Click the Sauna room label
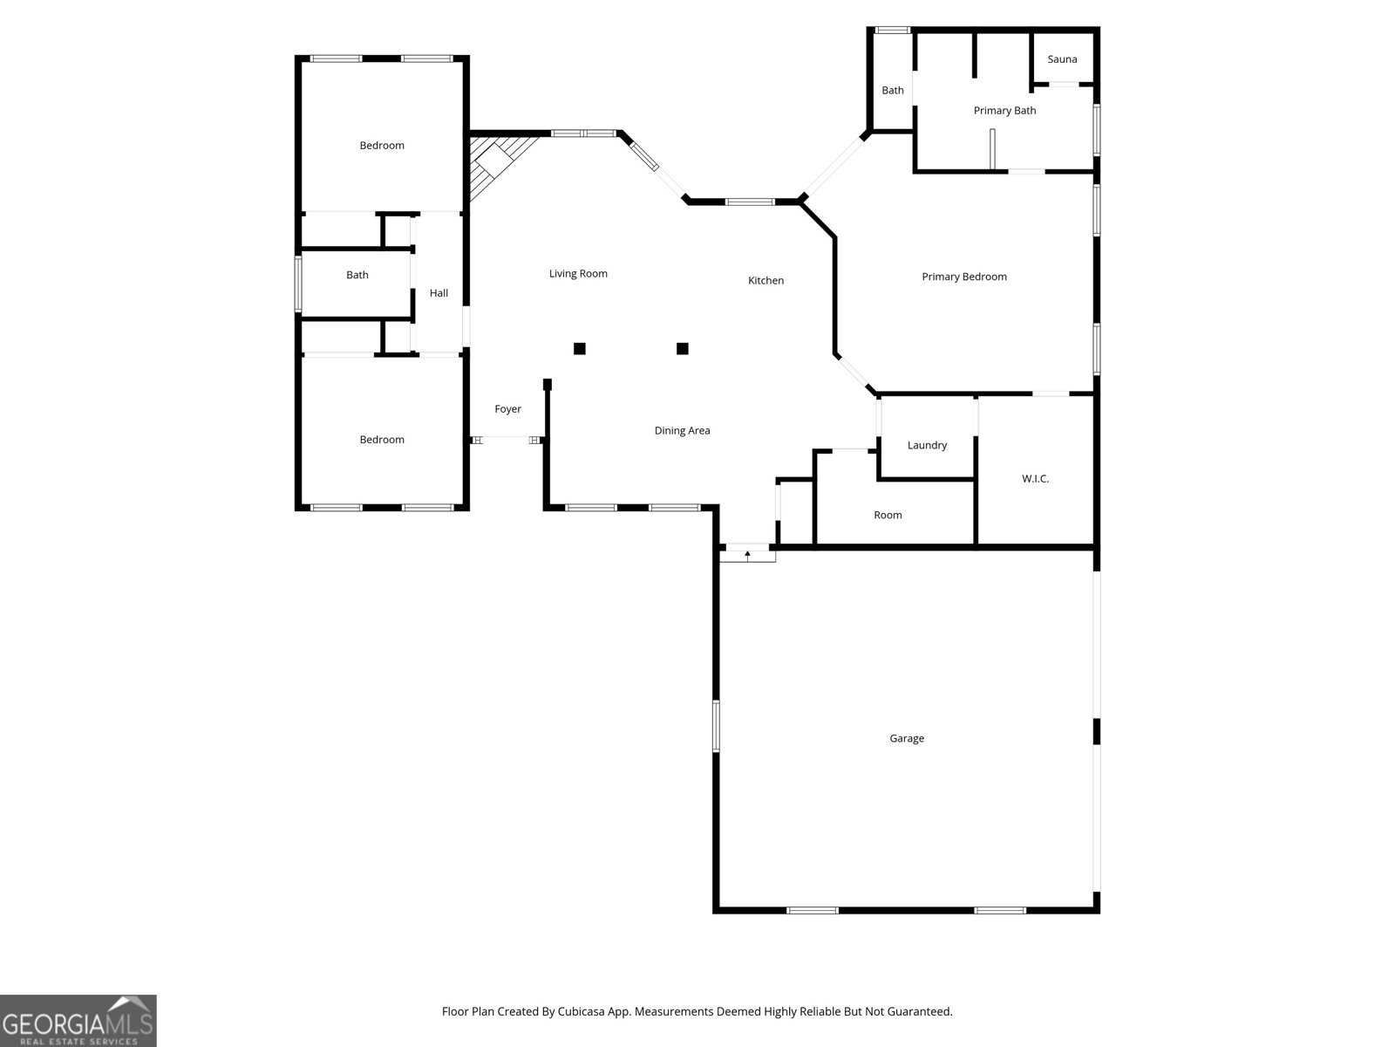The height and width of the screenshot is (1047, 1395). (x=1062, y=59)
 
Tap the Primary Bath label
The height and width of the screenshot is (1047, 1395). (x=1004, y=111)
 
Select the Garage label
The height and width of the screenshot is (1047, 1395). (x=907, y=738)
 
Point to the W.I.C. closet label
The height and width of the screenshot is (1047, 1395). (x=1035, y=479)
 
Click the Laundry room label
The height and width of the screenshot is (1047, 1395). (x=927, y=445)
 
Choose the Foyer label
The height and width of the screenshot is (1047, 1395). (x=507, y=409)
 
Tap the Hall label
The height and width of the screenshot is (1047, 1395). (x=439, y=293)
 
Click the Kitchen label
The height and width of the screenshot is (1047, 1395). (x=766, y=281)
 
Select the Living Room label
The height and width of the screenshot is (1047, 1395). (x=578, y=274)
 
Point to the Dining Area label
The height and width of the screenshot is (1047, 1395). (x=682, y=431)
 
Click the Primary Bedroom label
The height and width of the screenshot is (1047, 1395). (x=964, y=277)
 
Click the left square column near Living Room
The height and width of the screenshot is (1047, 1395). (x=580, y=349)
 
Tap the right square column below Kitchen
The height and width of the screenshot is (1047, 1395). (x=683, y=349)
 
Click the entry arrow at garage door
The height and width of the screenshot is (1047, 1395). (x=747, y=554)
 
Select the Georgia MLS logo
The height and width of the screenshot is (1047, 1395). (x=78, y=1021)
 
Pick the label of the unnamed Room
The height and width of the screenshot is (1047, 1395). (x=888, y=516)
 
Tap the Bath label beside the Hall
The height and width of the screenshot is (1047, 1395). (x=357, y=275)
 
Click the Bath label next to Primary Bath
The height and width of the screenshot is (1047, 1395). (x=893, y=91)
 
